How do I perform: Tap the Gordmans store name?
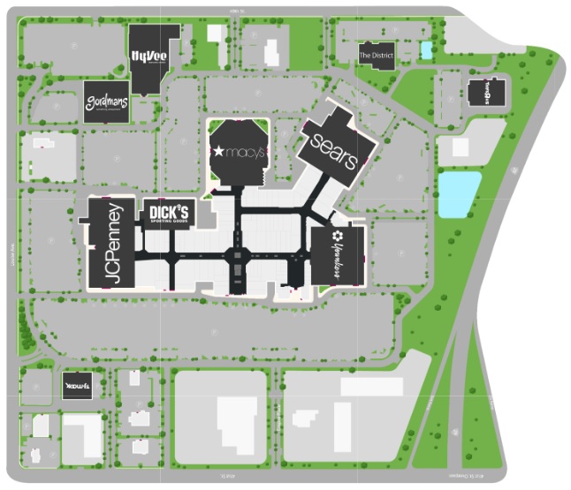(x=108, y=101)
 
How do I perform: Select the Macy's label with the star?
(x=238, y=153)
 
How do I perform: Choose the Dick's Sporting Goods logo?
(x=168, y=213)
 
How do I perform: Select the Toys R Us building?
(x=484, y=92)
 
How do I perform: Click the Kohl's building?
(x=77, y=385)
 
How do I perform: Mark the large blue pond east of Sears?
(x=459, y=193)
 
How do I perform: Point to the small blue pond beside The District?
(x=427, y=50)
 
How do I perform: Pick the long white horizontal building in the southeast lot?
(x=372, y=386)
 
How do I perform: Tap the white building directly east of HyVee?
(x=215, y=34)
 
